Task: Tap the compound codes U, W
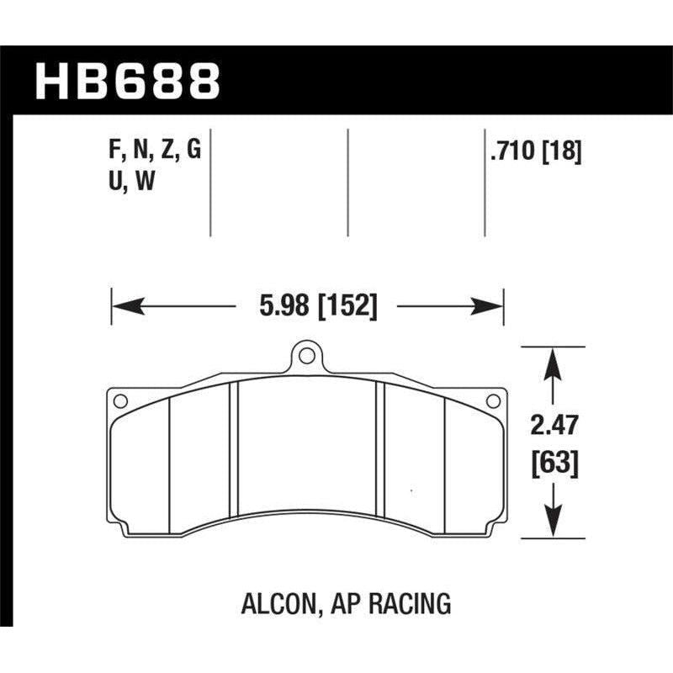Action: pos(126,182)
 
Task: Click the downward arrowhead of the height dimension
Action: pos(551,527)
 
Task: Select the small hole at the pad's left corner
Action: pos(119,401)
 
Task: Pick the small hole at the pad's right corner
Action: pos(494,401)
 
